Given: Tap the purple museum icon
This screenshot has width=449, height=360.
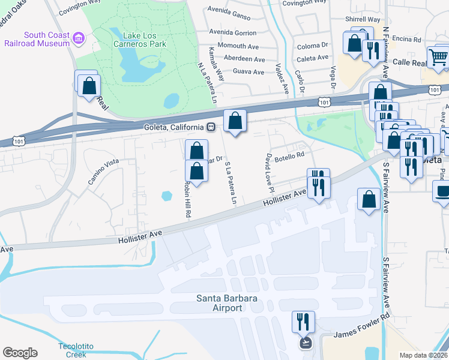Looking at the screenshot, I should point(78,40).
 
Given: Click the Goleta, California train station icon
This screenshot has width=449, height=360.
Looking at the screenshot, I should point(211,127).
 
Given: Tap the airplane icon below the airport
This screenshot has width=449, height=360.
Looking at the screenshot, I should point(306,343).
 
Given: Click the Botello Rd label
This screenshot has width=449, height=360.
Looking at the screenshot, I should point(292,155).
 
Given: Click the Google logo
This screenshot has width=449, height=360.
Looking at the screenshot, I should point(20,353).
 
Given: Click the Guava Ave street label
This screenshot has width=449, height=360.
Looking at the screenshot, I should point(248,72).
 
